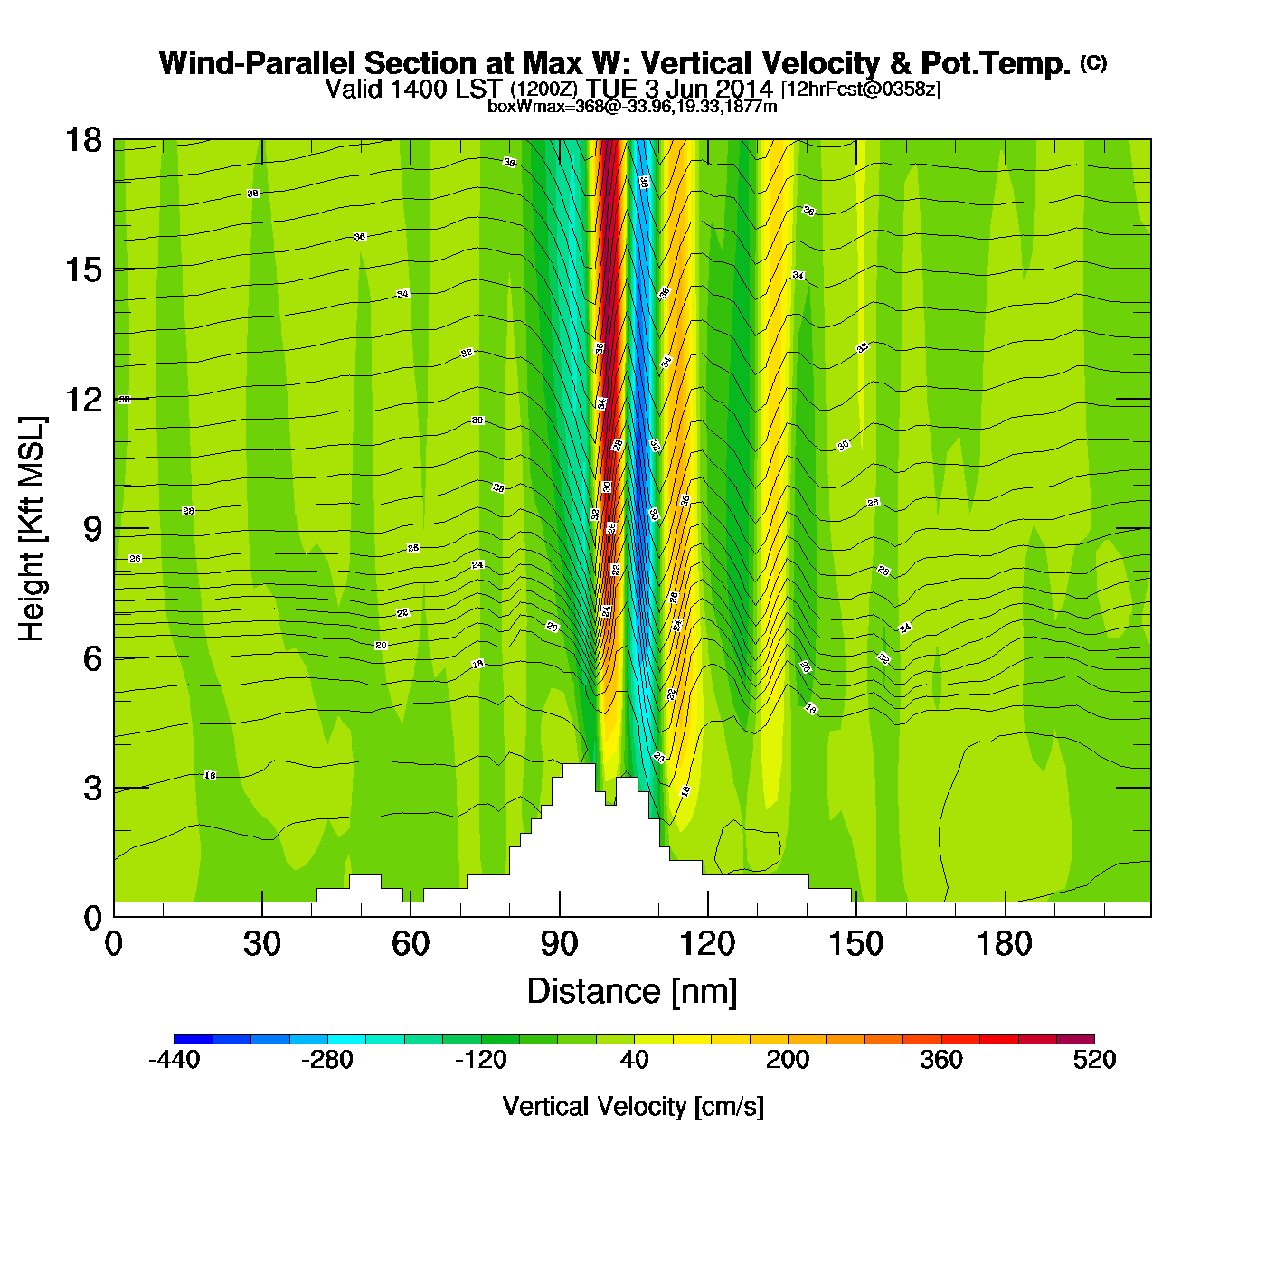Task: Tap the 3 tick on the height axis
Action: [92, 788]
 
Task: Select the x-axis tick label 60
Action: [411, 945]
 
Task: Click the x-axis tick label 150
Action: [855, 945]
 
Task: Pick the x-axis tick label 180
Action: [1004, 945]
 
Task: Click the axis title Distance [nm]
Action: [632, 992]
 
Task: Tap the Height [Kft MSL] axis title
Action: [32, 529]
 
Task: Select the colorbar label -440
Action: [174, 1060]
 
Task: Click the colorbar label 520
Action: [1094, 1060]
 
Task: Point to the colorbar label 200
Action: [788, 1060]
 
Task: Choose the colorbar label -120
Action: [480, 1060]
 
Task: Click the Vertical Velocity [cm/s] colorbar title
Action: [633, 1107]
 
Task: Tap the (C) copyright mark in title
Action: [1093, 62]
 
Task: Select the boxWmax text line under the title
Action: [632, 107]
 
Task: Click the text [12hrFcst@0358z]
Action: [861, 90]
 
